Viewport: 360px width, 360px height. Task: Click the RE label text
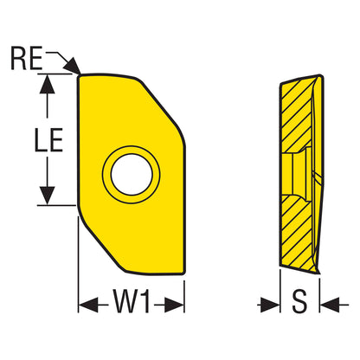click(x=27, y=58)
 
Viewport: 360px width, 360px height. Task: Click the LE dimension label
click(x=48, y=140)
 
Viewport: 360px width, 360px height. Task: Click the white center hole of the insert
click(x=132, y=175)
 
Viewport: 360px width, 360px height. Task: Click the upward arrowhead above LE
click(x=47, y=84)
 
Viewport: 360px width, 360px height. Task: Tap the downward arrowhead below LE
click(x=47, y=196)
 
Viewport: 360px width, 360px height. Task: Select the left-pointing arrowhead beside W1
click(x=88, y=305)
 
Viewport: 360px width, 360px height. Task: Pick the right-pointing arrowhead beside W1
click(x=174, y=305)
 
